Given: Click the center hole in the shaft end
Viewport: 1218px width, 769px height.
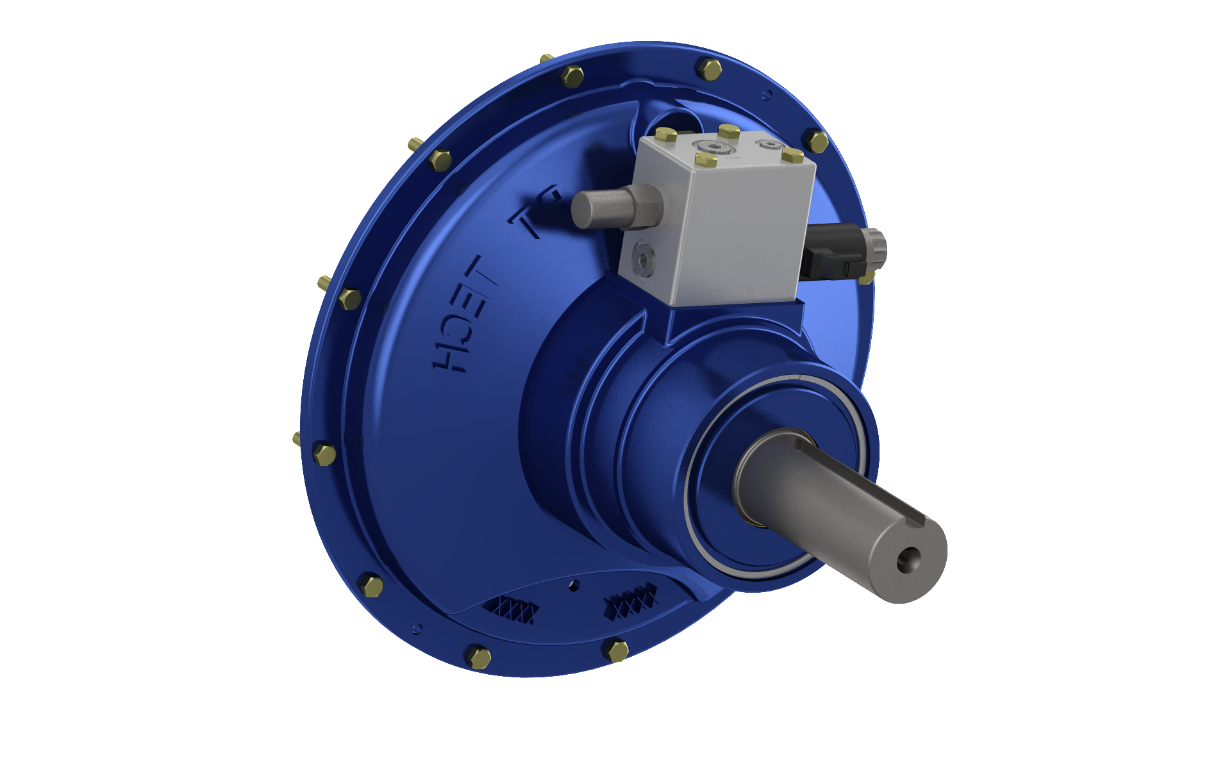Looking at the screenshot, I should click(x=908, y=559).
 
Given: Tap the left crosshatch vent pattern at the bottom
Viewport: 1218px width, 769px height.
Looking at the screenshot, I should click(x=512, y=609).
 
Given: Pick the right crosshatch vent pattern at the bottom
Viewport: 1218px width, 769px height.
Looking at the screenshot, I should click(x=631, y=601).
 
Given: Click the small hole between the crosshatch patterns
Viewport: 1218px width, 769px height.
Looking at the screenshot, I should click(x=574, y=584).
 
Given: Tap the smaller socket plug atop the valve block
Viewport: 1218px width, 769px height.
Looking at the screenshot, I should click(x=768, y=144).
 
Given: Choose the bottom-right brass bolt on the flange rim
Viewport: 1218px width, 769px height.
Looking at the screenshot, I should click(x=617, y=650).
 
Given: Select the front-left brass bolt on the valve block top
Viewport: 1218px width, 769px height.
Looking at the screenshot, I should click(x=706, y=160).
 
